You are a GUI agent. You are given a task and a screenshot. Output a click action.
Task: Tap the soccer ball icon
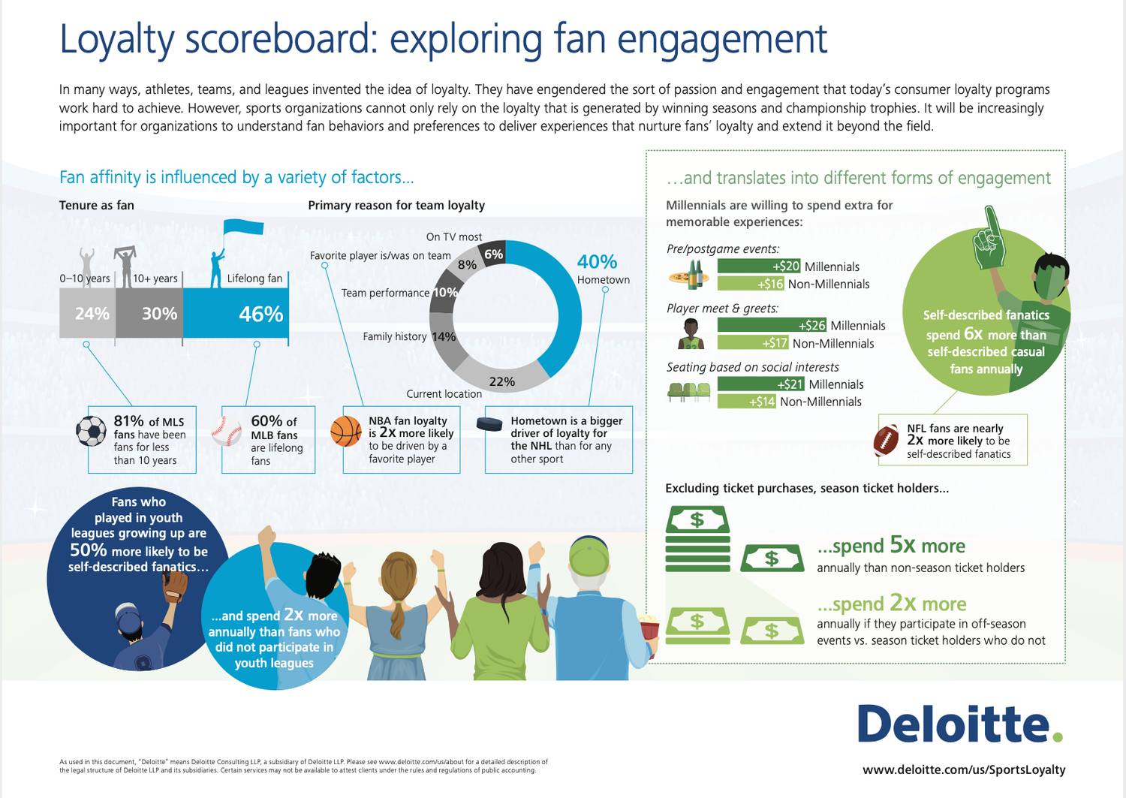pyautogui.click(x=92, y=432)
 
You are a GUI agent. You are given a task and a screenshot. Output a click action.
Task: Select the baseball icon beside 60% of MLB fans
pyautogui.click(x=226, y=432)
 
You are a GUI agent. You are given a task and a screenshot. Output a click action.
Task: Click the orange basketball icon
pyautogui.click(x=346, y=432)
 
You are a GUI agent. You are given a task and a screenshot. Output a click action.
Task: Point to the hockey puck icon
pyautogui.click(x=489, y=425)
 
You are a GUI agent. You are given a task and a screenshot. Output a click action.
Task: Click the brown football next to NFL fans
pyautogui.click(x=887, y=441)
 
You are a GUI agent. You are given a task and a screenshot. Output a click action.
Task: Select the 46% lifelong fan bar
pyautogui.click(x=236, y=314)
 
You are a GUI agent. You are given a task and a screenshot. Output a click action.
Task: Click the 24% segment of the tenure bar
pyautogui.click(x=87, y=314)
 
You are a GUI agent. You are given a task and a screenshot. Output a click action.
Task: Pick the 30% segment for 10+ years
pyautogui.click(x=149, y=314)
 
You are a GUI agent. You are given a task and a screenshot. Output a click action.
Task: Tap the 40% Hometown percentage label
pyautogui.click(x=597, y=262)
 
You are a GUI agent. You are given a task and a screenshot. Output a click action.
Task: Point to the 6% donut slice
pyautogui.click(x=494, y=254)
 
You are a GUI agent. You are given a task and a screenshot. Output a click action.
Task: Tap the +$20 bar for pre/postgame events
pyautogui.click(x=759, y=266)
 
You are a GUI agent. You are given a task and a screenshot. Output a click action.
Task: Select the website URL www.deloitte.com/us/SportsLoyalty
pyautogui.click(x=964, y=769)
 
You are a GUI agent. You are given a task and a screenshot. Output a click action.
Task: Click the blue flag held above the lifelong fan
pyautogui.click(x=243, y=227)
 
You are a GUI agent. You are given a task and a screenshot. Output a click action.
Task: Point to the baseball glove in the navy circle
pyautogui.click(x=176, y=586)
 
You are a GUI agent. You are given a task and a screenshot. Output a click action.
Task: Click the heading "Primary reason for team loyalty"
pyautogui.click(x=396, y=205)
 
